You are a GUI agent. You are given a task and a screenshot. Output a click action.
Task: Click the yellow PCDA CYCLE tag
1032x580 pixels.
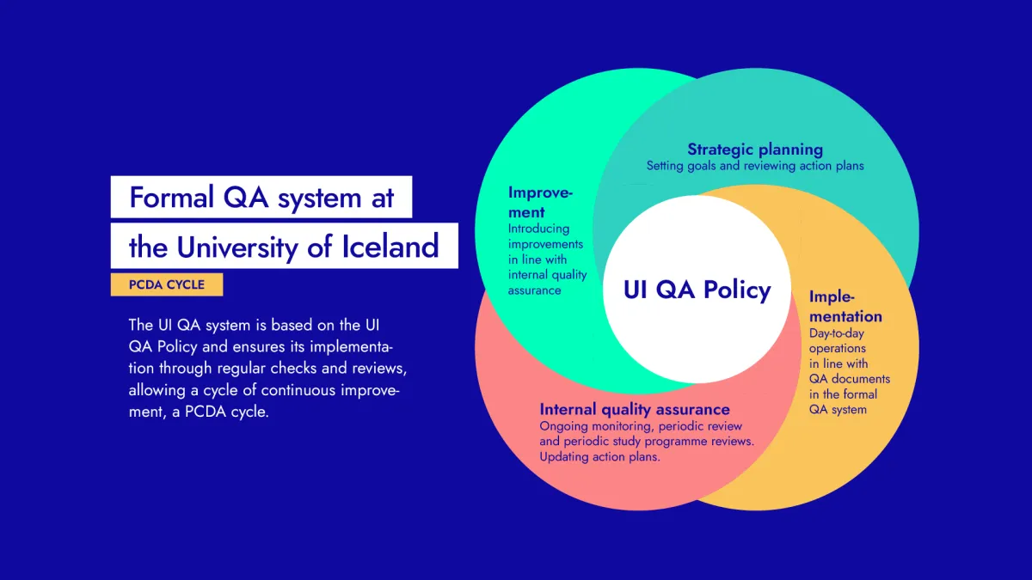[x=166, y=284]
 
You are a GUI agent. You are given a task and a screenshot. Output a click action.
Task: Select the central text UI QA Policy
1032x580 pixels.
[x=697, y=290]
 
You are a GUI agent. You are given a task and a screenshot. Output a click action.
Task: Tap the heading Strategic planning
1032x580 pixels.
[x=754, y=150]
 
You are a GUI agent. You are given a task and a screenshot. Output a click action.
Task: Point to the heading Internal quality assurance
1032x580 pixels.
[x=635, y=409]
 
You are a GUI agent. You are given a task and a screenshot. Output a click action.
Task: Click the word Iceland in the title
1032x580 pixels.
[x=397, y=247]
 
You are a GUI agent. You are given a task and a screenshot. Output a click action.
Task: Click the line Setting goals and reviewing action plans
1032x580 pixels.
[x=755, y=165]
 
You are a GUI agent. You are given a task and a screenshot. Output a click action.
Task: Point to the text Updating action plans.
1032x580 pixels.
[x=600, y=457]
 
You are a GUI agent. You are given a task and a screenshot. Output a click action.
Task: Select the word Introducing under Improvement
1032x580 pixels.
[x=538, y=229]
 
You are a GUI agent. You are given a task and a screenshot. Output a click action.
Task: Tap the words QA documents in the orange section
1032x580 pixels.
[x=850, y=379]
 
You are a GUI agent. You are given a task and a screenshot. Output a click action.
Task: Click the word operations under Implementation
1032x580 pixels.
[x=838, y=348]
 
